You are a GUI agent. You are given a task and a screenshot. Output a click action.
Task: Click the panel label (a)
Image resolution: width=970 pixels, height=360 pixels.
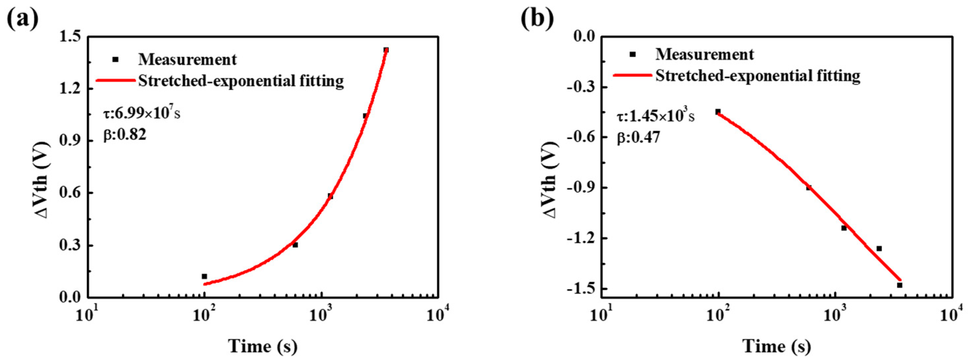click(x=23, y=18)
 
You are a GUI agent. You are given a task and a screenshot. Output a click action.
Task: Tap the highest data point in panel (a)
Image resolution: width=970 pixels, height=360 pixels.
click(x=386, y=50)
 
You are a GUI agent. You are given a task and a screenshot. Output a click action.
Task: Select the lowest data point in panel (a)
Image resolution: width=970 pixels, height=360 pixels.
click(x=205, y=276)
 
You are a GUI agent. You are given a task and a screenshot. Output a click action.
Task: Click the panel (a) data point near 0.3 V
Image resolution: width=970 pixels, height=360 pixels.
click(x=295, y=245)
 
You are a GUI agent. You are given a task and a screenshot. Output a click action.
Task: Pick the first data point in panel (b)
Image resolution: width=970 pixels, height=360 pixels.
click(x=718, y=112)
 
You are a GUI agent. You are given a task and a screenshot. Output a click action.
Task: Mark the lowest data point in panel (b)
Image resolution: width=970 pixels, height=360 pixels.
click(x=900, y=285)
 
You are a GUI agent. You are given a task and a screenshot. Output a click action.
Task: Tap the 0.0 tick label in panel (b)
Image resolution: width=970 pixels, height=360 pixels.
click(x=583, y=36)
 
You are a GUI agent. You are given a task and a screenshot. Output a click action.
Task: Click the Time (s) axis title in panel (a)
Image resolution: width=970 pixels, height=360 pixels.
click(x=263, y=346)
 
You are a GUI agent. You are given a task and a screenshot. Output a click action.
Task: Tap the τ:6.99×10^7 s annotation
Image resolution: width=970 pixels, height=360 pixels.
click(x=142, y=113)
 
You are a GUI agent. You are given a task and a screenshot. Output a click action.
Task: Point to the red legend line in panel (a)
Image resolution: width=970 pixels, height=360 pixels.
click(x=115, y=80)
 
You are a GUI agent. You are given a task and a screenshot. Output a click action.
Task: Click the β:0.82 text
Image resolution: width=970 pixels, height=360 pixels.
click(x=125, y=135)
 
